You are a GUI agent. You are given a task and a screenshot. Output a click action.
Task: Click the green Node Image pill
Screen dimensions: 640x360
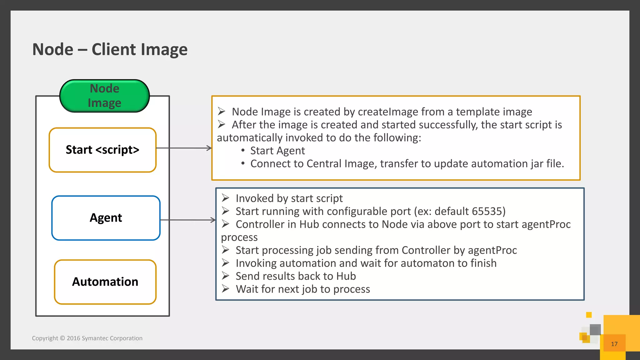coord(104,96)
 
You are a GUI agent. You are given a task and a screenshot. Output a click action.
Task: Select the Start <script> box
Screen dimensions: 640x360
coord(102,150)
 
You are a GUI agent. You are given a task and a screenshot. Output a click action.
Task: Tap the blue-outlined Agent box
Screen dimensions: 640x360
coord(106,218)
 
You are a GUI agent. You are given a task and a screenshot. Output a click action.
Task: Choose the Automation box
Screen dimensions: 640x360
coord(105,282)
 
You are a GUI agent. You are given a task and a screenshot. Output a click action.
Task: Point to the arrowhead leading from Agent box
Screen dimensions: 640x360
coord(213,220)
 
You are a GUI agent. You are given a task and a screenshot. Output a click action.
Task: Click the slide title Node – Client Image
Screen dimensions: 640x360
coord(110,49)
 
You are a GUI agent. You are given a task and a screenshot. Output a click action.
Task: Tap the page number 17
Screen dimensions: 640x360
coord(614,344)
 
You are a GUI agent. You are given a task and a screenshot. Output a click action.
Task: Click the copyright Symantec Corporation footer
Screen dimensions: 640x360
coord(87,338)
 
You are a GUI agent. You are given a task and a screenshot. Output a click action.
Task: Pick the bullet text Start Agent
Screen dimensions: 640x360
coord(277,151)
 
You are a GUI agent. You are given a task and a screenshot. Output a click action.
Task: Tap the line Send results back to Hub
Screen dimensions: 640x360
coord(295,276)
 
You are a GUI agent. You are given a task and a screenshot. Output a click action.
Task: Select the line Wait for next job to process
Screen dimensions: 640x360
coord(302,289)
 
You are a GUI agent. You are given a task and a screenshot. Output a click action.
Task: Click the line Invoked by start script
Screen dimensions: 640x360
coord(289,198)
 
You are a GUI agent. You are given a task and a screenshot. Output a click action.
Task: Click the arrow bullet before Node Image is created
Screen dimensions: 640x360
coord(222,111)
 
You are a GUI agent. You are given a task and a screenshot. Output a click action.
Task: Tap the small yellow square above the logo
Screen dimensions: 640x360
coord(589,315)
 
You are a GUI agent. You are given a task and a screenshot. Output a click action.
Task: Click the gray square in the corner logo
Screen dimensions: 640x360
coord(595,330)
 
